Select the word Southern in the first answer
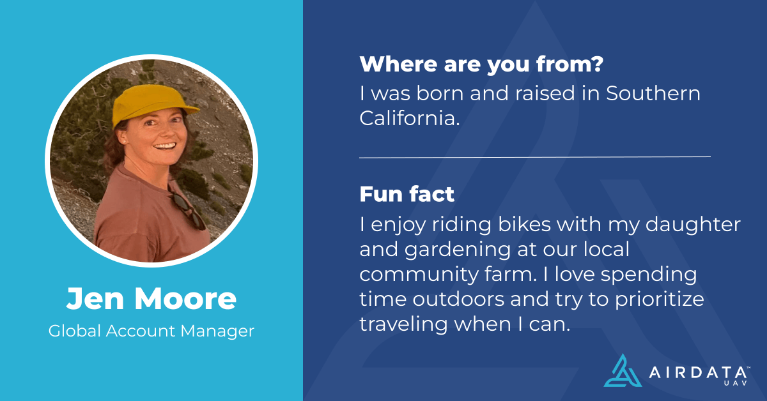(x=653, y=93)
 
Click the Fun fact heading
(x=407, y=193)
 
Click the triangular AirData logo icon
(x=622, y=370)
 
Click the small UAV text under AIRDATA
(x=735, y=384)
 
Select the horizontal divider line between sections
(x=534, y=156)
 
